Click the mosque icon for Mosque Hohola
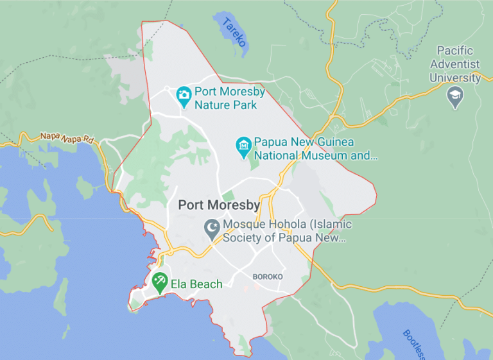(x=211, y=227)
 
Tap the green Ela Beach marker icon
(x=160, y=281)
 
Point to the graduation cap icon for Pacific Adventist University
(x=455, y=98)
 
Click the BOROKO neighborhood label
(x=268, y=277)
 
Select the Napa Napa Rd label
(x=66, y=137)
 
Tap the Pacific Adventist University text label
(x=455, y=64)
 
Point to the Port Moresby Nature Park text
(x=230, y=98)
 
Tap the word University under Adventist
(x=455, y=78)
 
